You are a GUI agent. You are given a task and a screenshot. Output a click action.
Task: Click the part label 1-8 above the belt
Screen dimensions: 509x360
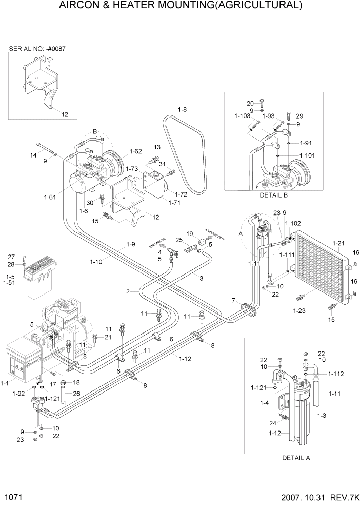pyautogui.click(x=183, y=109)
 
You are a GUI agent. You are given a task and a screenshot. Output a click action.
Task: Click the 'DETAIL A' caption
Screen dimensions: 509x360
pyautogui.click(x=296, y=458)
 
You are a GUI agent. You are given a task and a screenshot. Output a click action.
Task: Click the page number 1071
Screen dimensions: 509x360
pyautogui.click(x=13, y=497)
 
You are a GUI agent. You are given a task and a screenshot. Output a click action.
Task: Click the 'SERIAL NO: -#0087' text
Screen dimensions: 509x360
pyautogui.click(x=37, y=49)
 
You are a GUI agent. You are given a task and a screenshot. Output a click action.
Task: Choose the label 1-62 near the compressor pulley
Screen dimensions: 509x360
pyautogui.click(x=136, y=151)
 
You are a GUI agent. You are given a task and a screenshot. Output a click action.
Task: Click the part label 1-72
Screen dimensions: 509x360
pyautogui.click(x=181, y=194)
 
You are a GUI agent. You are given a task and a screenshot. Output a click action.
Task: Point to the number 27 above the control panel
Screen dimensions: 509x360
pyautogui.click(x=11, y=257)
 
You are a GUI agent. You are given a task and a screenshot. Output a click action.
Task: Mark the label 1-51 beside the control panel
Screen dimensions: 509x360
pyautogui.click(x=9, y=282)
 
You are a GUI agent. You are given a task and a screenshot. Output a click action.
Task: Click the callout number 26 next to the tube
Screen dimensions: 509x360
pyautogui.click(x=76, y=394)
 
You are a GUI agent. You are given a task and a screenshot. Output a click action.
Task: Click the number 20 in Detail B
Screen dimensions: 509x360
pyautogui.click(x=250, y=103)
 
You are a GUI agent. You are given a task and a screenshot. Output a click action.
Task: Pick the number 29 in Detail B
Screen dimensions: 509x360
pyautogui.click(x=299, y=116)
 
